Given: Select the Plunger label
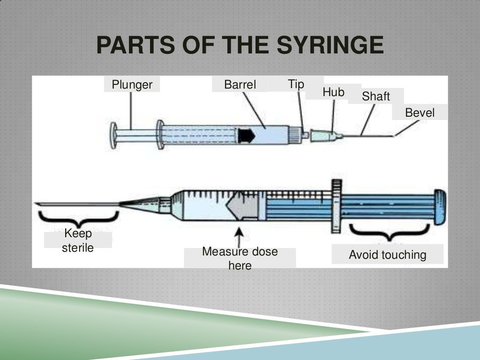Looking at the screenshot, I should [x=132, y=85].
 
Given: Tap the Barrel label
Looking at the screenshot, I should [x=240, y=85].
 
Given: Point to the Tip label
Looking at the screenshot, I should [x=296, y=84].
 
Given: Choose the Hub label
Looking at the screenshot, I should [x=333, y=92].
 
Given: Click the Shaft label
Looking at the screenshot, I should [x=375, y=96].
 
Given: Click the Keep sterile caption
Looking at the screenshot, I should [x=78, y=240].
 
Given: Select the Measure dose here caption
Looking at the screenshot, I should [x=240, y=258].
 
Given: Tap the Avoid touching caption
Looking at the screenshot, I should [x=388, y=255].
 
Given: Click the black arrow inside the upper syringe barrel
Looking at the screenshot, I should [x=246, y=135].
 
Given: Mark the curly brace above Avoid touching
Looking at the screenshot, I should [x=389, y=231].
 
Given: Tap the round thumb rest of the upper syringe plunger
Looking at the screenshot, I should [x=113, y=135].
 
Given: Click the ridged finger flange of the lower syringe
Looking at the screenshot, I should [x=335, y=207].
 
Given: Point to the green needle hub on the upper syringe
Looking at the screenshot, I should [x=327, y=136].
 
